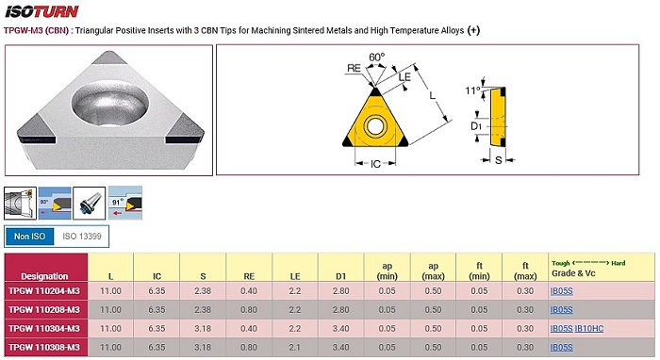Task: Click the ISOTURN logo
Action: pos(41,11)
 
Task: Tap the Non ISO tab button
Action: pos(29,237)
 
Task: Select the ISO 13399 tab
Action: pos(82,237)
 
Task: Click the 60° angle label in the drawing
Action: pos(376,57)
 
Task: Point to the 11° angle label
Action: pos(472,90)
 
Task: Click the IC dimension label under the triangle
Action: pos(375,164)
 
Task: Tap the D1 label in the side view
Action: pos(475,126)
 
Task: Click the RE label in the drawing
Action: pos(354,68)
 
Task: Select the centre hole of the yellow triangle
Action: pos(374,125)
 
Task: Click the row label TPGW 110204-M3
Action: pos(44,291)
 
